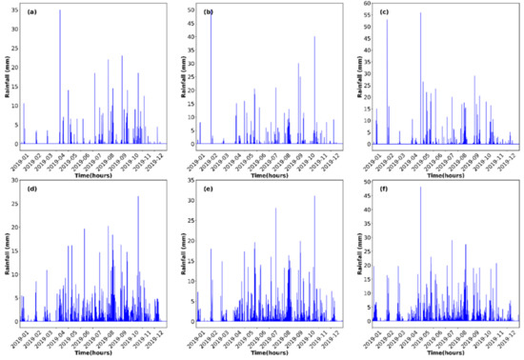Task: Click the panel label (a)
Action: point(31,12)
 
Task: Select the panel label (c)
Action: point(382,12)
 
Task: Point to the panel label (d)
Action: point(31,189)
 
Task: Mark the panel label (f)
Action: point(382,189)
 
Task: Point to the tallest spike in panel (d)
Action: point(138,196)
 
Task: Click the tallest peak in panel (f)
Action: point(420,187)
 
